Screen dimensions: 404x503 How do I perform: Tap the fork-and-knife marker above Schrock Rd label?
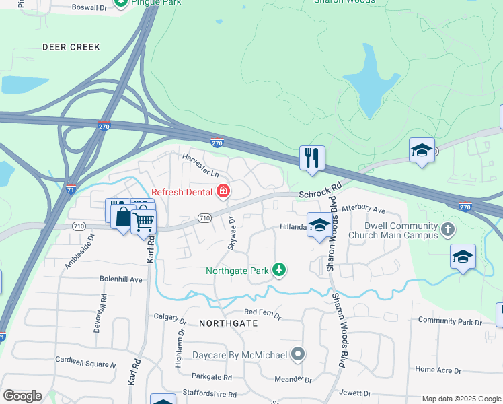click(x=312, y=158)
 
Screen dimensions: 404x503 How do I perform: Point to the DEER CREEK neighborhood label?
click(x=71, y=47)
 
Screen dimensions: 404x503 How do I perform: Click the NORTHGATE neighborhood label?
click(x=229, y=323)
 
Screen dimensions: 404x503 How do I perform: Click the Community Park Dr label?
click(x=450, y=322)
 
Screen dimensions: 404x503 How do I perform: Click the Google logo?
click(x=22, y=396)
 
